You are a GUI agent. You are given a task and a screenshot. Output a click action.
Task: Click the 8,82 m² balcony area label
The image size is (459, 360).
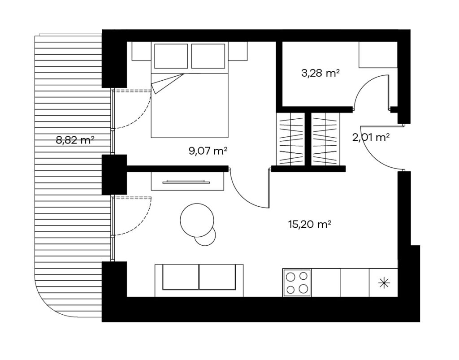click(x=75, y=140)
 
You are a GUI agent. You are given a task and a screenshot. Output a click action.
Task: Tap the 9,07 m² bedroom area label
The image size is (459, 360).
click(x=208, y=151)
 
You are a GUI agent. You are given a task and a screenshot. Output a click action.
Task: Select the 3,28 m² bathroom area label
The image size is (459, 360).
click(x=320, y=73)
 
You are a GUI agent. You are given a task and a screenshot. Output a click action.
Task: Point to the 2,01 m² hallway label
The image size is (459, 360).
click(x=371, y=137)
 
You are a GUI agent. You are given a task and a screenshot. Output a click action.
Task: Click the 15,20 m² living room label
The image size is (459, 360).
click(x=310, y=225)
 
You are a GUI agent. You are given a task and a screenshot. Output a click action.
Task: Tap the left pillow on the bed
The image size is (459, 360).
click(x=171, y=56)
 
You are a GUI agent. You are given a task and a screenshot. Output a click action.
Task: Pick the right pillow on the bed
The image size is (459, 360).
click(x=208, y=56)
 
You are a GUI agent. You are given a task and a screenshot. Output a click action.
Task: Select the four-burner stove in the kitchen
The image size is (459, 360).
click(x=297, y=283)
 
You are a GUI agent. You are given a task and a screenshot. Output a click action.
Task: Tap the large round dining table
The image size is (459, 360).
click(x=197, y=220)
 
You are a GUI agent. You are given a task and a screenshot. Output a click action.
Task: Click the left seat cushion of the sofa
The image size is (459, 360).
click(x=181, y=277)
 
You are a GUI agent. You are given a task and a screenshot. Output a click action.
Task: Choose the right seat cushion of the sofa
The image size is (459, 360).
click(x=217, y=277)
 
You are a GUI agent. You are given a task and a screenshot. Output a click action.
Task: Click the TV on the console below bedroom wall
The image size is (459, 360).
click(x=186, y=182)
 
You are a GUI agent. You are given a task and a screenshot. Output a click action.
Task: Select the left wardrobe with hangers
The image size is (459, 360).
click(x=290, y=139)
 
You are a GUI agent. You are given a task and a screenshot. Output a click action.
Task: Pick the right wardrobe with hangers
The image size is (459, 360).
click(x=325, y=139)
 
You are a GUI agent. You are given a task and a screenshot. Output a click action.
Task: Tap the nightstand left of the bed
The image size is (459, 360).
click(x=141, y=51)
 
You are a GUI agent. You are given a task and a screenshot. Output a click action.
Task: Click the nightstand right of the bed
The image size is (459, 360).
click(x=238, y=51)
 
